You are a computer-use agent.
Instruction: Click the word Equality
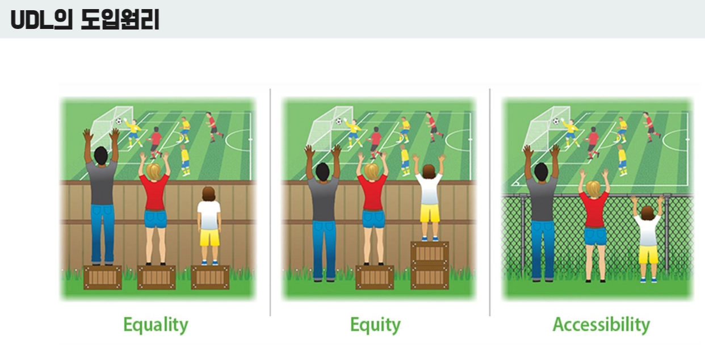pos(156,325)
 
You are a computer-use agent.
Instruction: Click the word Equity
pos(375,325)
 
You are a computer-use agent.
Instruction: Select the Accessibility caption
pos(601,324)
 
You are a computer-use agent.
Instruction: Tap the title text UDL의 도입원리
pos(85,19)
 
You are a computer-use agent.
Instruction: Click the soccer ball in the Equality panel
pos(119,122)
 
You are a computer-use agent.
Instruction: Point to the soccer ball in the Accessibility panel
pos(556,122)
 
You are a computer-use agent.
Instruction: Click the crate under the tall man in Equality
pos(103,277)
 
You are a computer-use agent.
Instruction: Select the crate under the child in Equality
pos(210,277)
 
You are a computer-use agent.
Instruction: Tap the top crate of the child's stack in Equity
pos(430,253)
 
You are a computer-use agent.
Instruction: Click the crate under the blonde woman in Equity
pos(375,277)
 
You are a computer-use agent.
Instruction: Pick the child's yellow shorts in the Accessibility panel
pos(648,254)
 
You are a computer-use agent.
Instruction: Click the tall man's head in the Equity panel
pos(322,172)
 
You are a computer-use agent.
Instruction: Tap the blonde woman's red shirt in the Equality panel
pos(154,192)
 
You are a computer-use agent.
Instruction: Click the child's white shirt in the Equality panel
pos(209,215)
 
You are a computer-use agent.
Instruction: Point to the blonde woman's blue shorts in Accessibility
pos(595,236)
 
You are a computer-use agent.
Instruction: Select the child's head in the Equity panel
pos(429,171)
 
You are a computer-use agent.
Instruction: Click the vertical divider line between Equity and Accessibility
pos(490,202)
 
